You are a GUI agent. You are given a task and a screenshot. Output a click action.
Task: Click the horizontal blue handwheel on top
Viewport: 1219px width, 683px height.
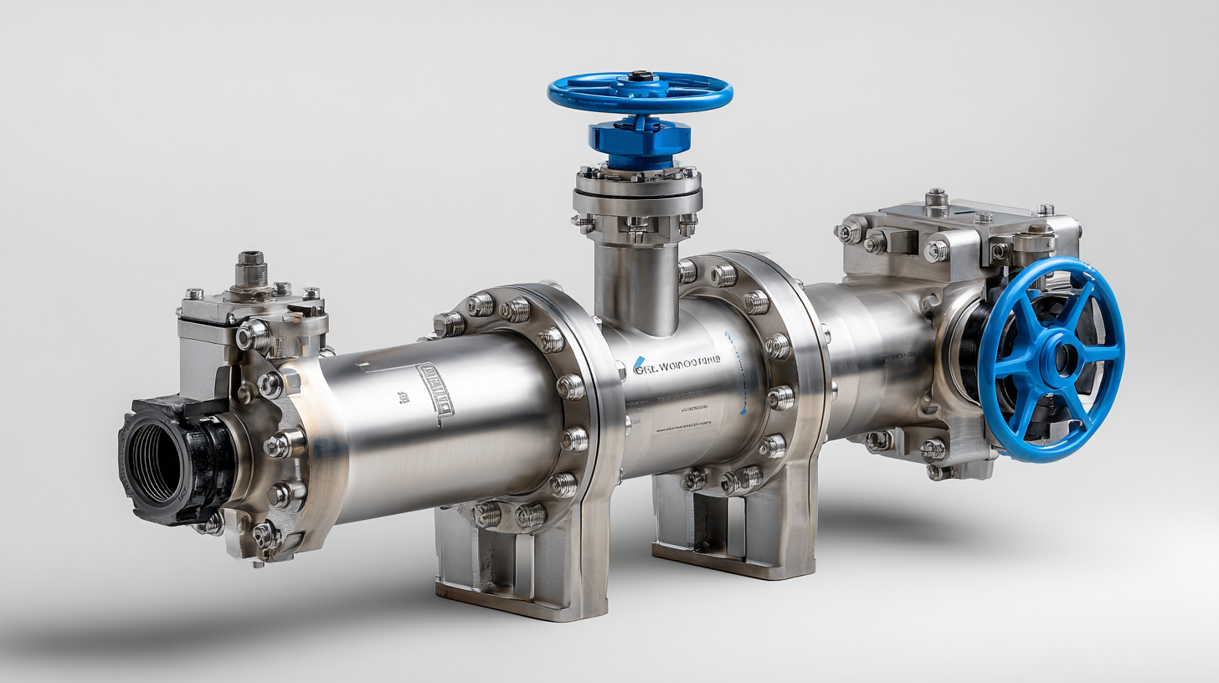640,92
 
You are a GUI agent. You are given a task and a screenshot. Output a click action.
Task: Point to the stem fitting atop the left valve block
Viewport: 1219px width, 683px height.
250,270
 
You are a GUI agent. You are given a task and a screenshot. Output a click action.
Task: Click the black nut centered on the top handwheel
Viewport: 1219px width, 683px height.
640,76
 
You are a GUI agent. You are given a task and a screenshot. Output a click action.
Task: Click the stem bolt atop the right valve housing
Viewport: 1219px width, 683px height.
936,199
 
